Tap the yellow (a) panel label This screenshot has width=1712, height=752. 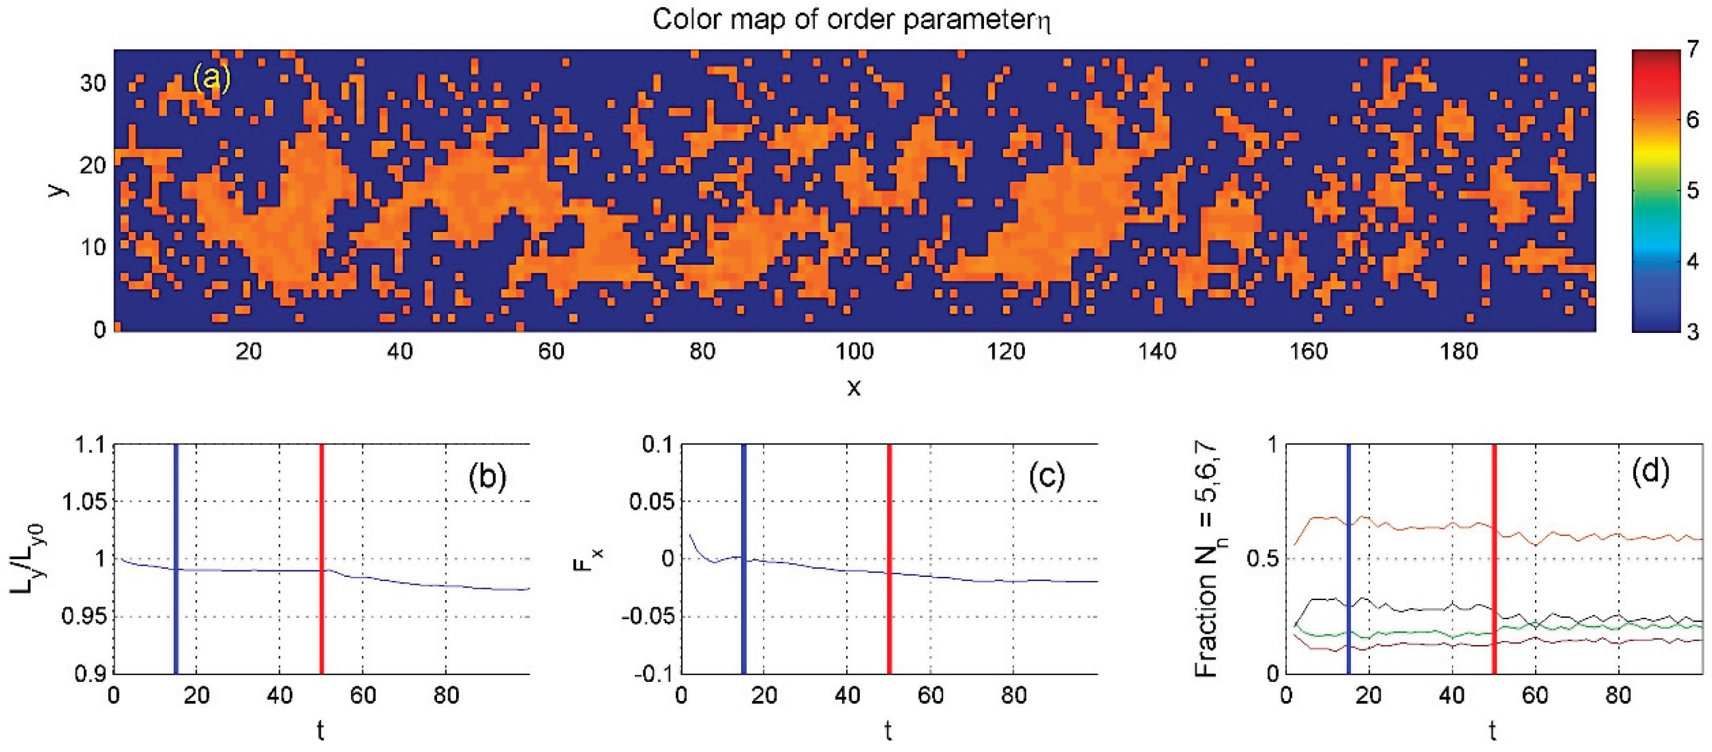click(x=211, y=79)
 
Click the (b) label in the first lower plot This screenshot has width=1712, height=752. click(x=487, y=477)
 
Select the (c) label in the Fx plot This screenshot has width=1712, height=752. click(x=1046, y=477)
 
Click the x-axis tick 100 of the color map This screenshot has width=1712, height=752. click(x=854, y=351)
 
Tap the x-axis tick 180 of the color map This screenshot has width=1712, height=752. click(x=1459, y=351)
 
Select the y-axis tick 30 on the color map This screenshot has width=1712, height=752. click(x=93, y=84)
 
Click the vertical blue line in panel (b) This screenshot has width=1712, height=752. click(x=175, y=558)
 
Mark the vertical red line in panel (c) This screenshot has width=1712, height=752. click(x=888, y=558)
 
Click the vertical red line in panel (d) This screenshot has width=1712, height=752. click(x=1494, y=558)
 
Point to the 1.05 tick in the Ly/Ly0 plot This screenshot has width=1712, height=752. click(x=83, y=502)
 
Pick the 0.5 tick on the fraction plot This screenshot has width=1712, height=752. click(x=1261, y=559)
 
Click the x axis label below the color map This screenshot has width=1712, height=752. click(x=854, y=388)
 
